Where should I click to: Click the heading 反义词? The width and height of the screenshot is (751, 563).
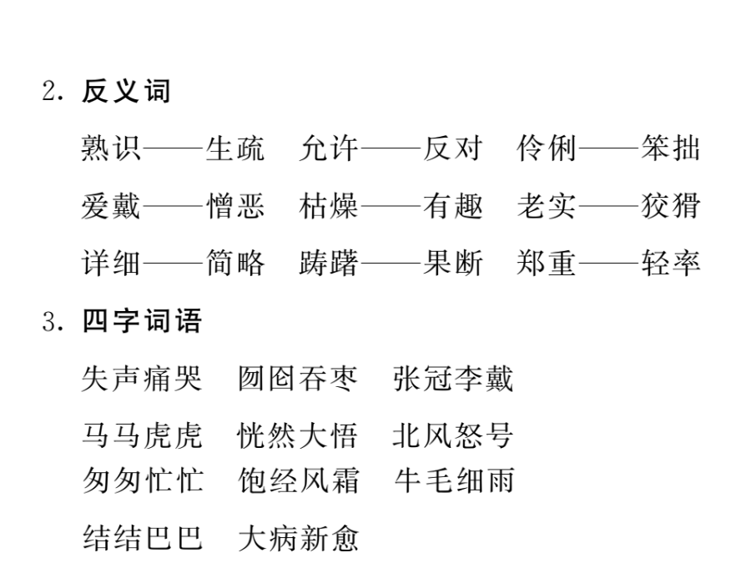[126, 91]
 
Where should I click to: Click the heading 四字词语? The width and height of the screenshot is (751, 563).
[142, 320]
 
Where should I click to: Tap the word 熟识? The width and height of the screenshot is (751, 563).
[111, 148]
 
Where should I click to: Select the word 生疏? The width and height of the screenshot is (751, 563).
[234, 148]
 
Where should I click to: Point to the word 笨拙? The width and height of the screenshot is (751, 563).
[671, 148]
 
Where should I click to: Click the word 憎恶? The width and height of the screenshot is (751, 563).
[234, 206]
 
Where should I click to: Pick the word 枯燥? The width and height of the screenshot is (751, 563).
[329, 206]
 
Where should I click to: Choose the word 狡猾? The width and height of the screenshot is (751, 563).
[671, 206]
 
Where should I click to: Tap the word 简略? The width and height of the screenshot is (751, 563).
[234, 263]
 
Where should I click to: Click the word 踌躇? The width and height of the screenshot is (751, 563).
[329, 263]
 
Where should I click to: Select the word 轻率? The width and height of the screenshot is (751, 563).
[671, 263]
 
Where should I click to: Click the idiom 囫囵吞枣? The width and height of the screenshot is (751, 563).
[298, 379]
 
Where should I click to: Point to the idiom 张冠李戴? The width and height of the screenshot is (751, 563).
[453, 379]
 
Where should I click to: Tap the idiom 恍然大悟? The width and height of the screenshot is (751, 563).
[298, 435]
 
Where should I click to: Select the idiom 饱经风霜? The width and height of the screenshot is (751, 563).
[298, 480]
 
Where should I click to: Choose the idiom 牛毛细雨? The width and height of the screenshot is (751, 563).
[454, 480]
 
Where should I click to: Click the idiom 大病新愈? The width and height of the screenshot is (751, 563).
[298, 538]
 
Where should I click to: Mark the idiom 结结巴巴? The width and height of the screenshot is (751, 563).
[142, 538]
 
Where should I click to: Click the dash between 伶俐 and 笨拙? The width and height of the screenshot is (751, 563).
[608, 148]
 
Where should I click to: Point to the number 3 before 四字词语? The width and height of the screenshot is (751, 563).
[49, 321]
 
